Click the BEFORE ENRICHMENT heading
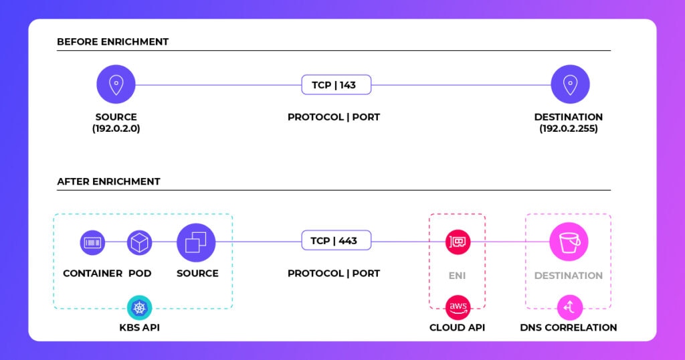point(112,42)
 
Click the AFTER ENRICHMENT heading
point(109,182)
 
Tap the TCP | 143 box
point(336,85)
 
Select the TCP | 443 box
point(336,240)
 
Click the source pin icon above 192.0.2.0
point(116,84)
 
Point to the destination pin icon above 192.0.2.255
point(570,84)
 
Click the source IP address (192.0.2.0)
point(116,128)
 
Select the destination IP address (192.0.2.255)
point(569,128)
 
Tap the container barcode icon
point(92,242)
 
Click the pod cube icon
point(139,242)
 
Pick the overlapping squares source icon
point(196,243)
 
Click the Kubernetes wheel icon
point(139,308)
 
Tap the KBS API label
point(139,328)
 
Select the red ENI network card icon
point(458,242)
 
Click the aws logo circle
point(458,308)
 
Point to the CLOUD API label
point(458,328)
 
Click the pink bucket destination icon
point(569,242)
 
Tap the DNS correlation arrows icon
point(570,308)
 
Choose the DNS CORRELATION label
point(569,328)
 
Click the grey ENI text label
point(458,276)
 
